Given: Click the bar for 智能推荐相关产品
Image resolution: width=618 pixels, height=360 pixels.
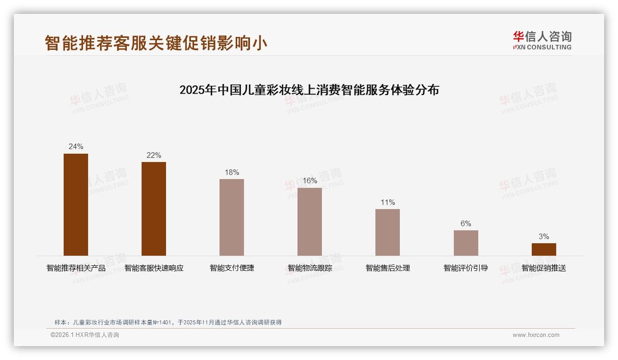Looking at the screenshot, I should coord(76,204).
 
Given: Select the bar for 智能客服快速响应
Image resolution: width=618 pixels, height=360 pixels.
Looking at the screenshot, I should coord(154,209).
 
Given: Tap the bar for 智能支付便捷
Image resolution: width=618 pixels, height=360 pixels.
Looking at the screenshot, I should coord(232,217).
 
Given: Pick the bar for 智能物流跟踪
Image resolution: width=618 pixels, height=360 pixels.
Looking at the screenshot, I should coord(309,222).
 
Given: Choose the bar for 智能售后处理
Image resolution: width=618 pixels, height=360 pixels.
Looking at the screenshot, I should coord(387,232).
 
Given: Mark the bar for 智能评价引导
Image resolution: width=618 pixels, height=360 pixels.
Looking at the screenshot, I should coord(466,243).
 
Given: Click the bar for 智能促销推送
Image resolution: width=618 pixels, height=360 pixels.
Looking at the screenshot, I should coord(544,249).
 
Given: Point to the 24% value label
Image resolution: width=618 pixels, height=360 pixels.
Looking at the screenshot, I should coord(76,147).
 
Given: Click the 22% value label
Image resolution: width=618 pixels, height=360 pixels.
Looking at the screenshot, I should coord(154,156).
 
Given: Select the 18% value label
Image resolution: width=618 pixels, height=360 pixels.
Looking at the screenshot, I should coord(232,173).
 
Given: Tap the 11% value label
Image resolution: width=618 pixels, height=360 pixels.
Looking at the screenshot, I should coord(387,203).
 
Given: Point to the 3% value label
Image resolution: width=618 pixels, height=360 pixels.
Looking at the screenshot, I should coord(544,237).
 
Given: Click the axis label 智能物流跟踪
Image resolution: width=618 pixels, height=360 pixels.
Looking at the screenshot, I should coord(309,268).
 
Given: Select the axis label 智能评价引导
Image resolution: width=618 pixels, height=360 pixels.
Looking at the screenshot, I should coord(466,268).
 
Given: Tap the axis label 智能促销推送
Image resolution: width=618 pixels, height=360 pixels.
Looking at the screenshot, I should coord(544,268).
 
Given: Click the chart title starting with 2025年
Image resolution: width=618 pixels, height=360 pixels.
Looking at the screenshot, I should coord(309,90).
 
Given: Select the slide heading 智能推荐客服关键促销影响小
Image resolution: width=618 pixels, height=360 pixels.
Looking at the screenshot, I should coord(156,43).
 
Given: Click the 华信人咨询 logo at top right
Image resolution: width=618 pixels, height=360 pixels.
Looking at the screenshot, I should coord(542,40).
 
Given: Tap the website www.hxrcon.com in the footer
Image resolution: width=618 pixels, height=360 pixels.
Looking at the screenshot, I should coord(536,335).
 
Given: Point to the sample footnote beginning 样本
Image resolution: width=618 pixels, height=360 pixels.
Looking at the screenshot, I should coord(168,323).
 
